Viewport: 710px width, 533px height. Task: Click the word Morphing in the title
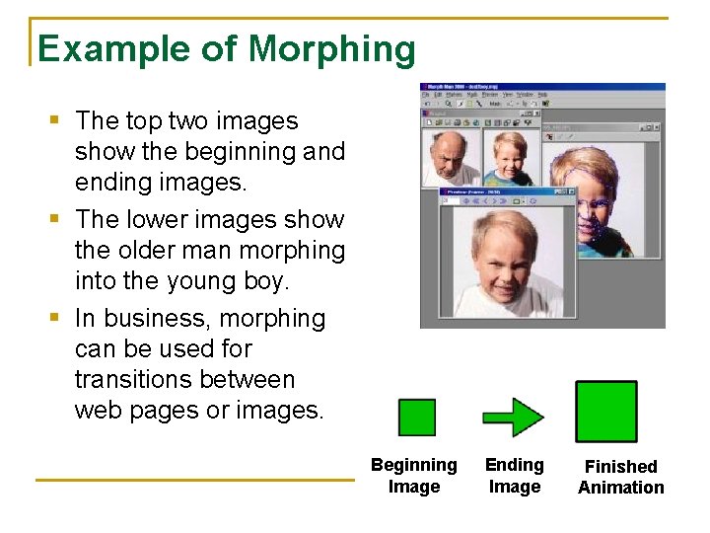(x=332, y=48)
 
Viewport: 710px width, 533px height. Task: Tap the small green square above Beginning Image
(x=416, y=417)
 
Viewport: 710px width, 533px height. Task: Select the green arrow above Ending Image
(x=513, y=417)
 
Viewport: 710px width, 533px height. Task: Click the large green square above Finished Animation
(x=606, y=412)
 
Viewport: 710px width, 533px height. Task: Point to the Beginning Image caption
(x=414, y=476)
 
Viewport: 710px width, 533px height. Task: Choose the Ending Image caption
(x=515, y=476)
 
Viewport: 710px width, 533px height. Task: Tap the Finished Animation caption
(x=621, y=477)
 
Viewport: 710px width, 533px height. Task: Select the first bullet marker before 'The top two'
(x=55, y=121)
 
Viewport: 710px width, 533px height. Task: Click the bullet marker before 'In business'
(x=55, y=319)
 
